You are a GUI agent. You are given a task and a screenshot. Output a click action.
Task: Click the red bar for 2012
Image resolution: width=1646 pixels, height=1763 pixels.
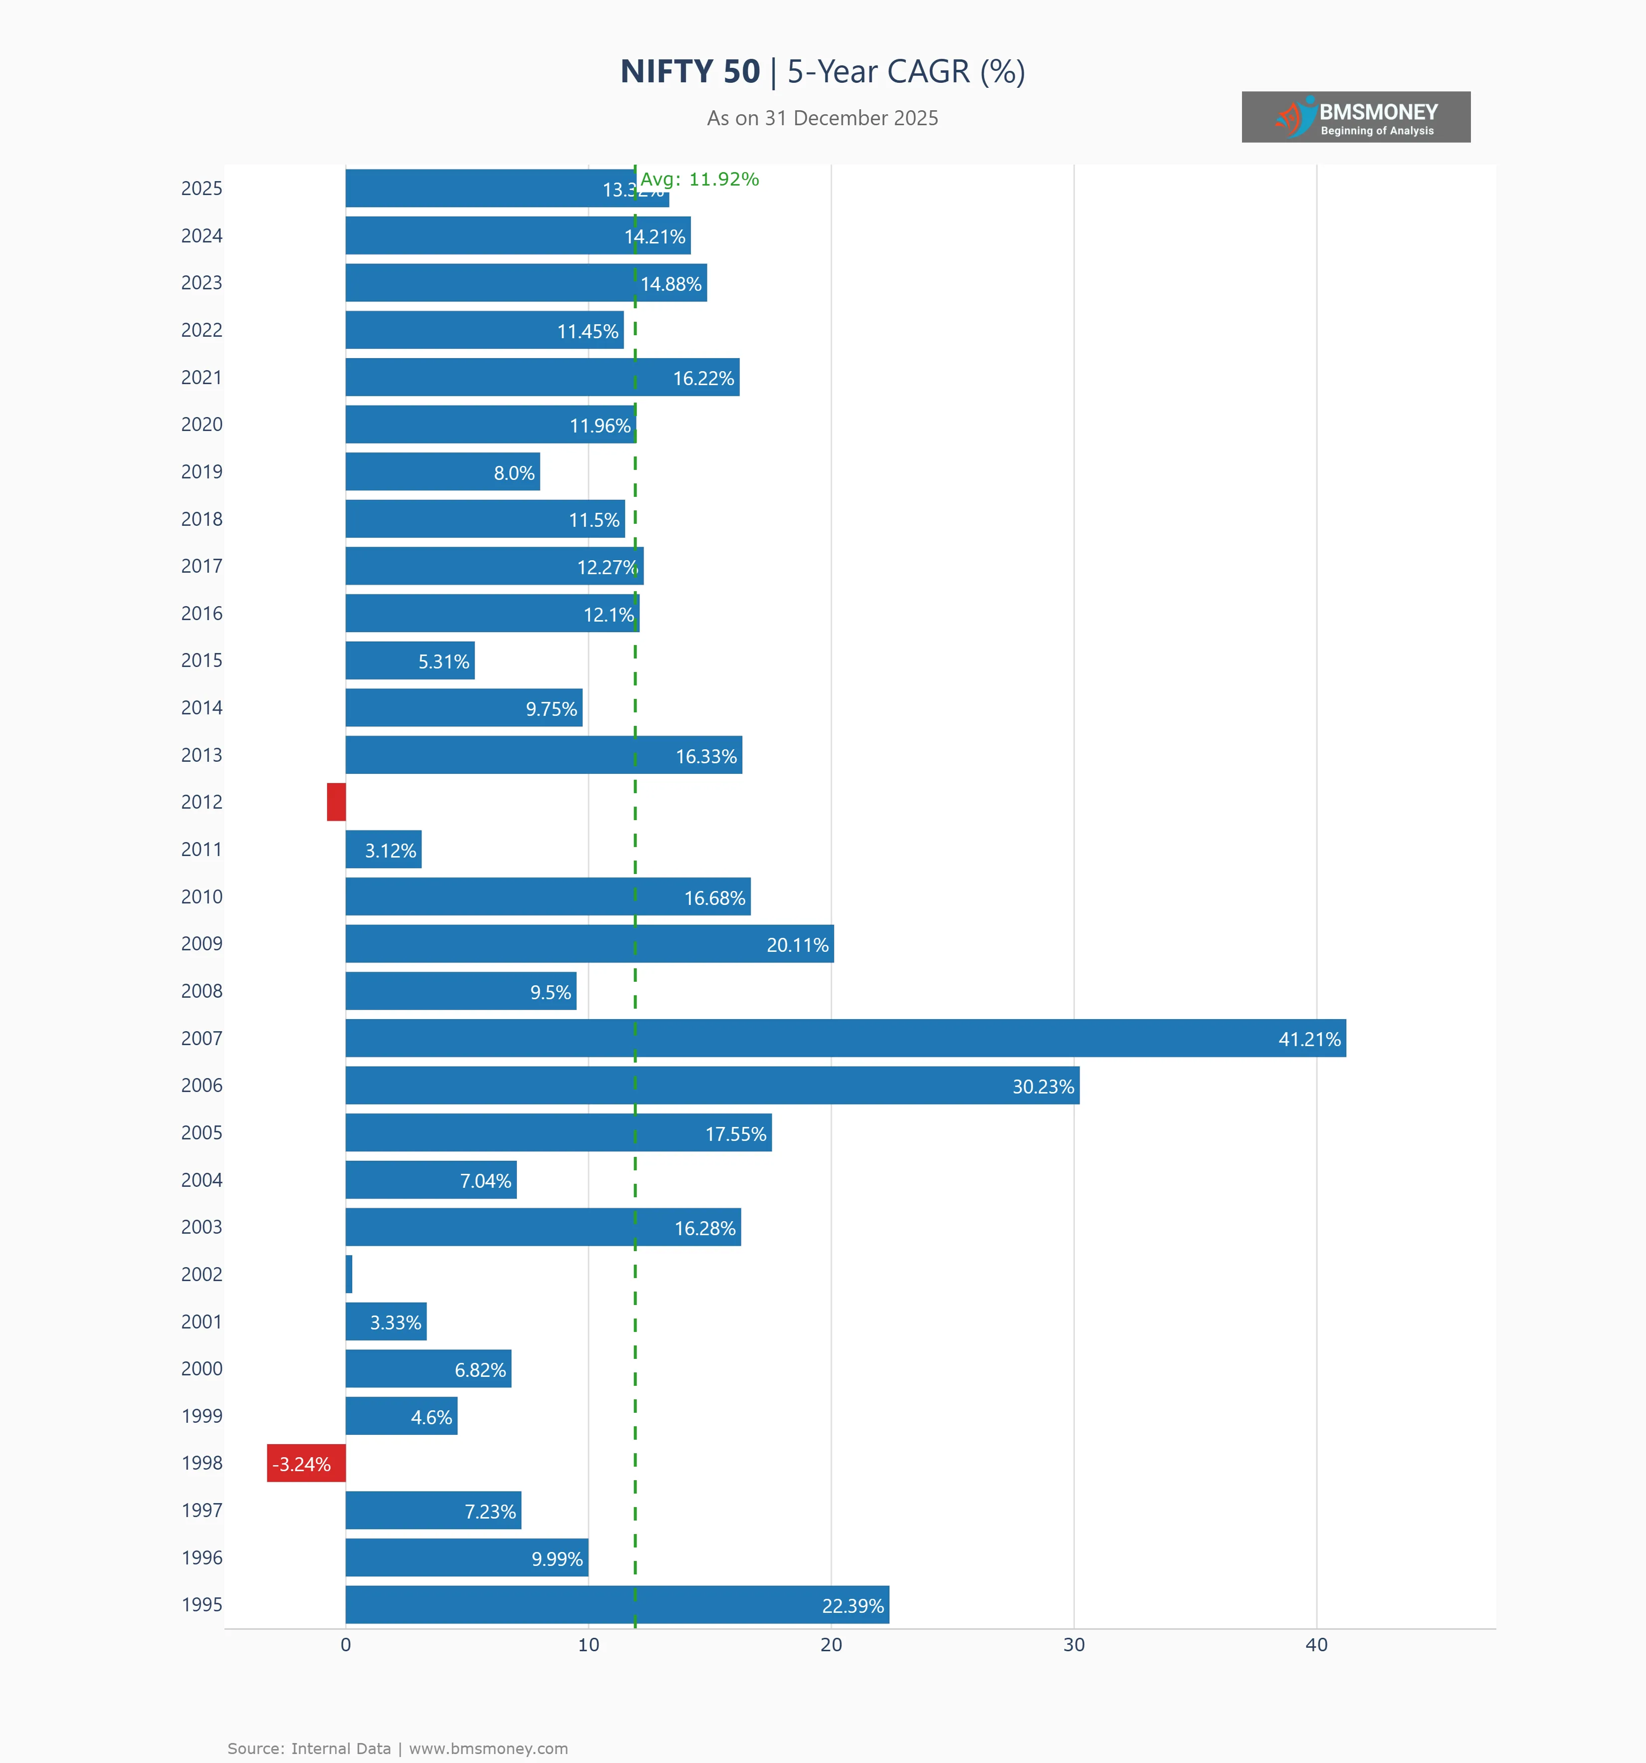pyautogui.click(x=336, y=802)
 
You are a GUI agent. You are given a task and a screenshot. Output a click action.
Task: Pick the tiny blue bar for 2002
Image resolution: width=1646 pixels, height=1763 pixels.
pyautogui.click(x=349, y=1275)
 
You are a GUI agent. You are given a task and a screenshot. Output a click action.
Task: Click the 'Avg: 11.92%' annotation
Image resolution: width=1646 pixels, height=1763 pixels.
pyautogui.click(x=700, y=179)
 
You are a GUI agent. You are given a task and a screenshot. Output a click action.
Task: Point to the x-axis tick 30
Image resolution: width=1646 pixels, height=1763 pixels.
pyautogui.click(x=1074, y=1645)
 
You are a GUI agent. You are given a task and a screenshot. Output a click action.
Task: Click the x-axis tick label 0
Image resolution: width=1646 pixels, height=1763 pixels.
pyautogui.click(x=346, y=1645)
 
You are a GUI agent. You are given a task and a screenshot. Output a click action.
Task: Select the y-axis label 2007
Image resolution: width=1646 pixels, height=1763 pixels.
pyautogui.click(x=202, y=1039)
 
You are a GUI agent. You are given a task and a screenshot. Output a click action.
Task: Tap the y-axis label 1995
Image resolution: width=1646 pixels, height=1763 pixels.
pyautogui.click(x=202, y=1604)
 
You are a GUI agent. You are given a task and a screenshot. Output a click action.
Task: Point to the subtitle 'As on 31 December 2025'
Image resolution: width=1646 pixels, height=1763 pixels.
pyautogui.click(x=822, y=118)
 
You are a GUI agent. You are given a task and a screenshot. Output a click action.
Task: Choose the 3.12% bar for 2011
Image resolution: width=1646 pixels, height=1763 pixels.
pyautogui.click(x=383, y=850)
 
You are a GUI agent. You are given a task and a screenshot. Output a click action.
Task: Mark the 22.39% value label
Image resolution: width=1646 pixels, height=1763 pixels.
pyautogui.click(x=852, y=1606)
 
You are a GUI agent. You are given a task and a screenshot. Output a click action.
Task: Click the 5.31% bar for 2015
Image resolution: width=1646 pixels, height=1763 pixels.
pyautogui.click(x=410, y=661)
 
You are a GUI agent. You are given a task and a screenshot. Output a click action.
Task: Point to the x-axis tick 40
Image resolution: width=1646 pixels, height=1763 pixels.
pyautogui.click(x=1316, y=1645)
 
